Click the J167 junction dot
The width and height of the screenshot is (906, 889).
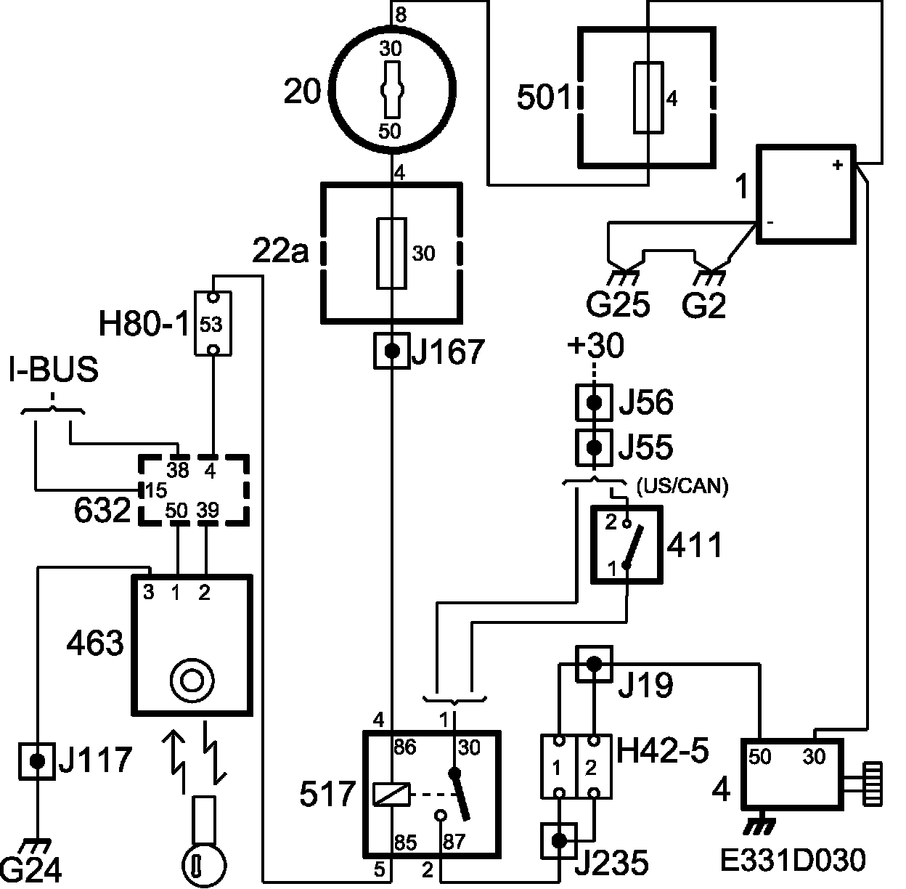(392, 351)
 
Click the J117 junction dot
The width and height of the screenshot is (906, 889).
(37, 761)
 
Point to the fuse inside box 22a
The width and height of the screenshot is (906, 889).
(391, 253)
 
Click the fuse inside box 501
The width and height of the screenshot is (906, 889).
(648, 97)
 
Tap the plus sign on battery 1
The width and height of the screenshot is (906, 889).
(837, 165)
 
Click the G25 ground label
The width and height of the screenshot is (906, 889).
(618, 304)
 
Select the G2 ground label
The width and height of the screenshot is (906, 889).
(704, 305)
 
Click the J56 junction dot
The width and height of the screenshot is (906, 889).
(595, 402)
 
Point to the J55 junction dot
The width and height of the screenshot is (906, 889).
(595, 447)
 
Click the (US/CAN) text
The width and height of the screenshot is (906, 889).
(682, 486)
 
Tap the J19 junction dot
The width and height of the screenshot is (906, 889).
(595, 664)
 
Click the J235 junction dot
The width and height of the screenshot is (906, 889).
(559, 840)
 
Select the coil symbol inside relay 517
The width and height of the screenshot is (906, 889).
(391, 795)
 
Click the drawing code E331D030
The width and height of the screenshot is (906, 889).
(793, 860)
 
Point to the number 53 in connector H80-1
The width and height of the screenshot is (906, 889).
(211, 324)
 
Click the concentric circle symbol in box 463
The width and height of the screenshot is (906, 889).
(192, 681)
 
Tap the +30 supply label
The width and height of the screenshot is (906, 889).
(596, 344)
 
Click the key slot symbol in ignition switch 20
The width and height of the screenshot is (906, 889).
(392, 90)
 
